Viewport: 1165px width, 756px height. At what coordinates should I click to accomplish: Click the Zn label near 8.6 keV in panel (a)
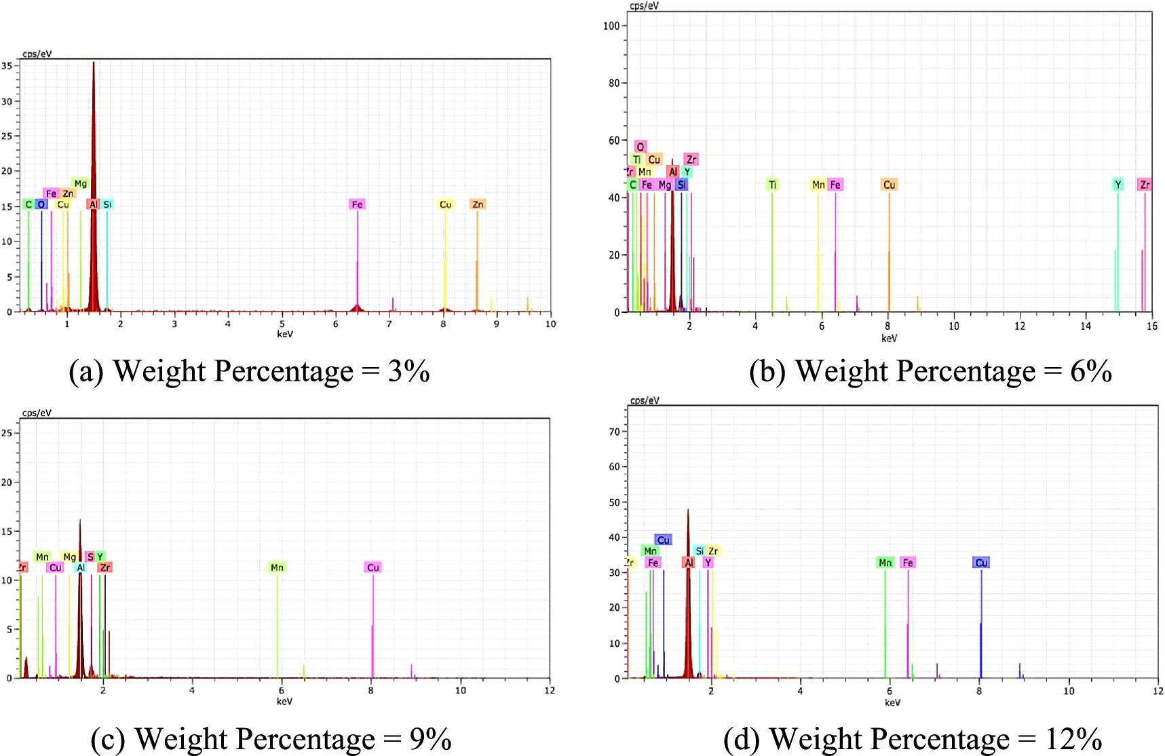[478, 204]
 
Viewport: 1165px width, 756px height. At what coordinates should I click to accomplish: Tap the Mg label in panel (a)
[80, 183]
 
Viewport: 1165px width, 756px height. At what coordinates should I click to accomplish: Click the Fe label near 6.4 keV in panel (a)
[357, 204]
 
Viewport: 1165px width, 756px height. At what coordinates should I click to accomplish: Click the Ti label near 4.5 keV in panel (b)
[772, 185]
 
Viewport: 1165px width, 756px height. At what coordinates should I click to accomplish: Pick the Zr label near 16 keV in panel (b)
[1145, 185]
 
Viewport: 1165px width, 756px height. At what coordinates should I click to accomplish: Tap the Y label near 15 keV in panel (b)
[1118, 185]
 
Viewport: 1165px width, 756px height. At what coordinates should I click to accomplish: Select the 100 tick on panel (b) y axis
[611, 26]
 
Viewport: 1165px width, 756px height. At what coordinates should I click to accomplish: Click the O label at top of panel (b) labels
[640, 147]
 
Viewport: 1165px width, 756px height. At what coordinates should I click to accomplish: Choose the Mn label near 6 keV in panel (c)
[277, 567]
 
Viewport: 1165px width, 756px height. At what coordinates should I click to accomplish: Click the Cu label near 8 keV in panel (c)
[373, 567]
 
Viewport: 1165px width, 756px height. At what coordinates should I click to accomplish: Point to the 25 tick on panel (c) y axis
[7, 433]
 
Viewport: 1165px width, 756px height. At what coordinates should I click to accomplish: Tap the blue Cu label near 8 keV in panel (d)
[981, 563]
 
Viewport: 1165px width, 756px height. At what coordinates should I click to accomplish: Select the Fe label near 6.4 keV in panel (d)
[908, 563]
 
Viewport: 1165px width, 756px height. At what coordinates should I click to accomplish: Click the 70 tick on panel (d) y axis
[613, 432]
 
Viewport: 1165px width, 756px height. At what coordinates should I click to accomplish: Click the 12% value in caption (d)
[1073, 739]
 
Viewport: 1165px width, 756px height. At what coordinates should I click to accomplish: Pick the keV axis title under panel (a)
[285, 334]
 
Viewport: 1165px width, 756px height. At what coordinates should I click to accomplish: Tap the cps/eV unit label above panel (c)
[37, 413]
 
